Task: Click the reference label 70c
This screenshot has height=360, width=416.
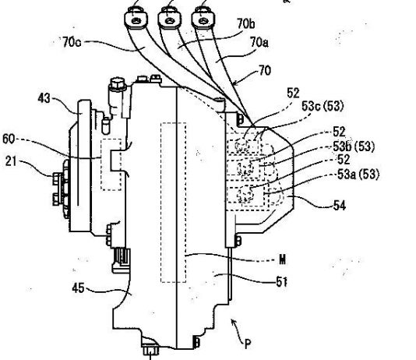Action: point(72,42)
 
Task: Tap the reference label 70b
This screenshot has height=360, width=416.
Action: point(246,23)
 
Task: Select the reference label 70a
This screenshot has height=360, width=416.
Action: point(259,42)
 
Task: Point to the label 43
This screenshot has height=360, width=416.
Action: point(44,98)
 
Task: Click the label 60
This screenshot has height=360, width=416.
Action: point(9,139)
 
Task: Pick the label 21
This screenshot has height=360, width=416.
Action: point(11,161)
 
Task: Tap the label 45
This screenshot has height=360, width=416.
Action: point(78,288)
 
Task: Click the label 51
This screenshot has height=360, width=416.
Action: point(281,282)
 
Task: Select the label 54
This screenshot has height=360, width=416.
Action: point(340,206)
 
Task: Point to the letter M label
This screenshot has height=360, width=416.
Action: point(283,259)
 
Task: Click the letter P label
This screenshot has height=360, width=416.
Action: point(247,344)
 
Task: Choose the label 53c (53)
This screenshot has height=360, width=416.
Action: point(323,106)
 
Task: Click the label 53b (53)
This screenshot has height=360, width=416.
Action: point(354,146)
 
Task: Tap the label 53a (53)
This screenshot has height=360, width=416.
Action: point(358,175)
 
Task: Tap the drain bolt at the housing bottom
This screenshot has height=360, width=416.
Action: point(150,351)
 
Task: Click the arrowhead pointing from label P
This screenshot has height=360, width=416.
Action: point(233,322)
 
